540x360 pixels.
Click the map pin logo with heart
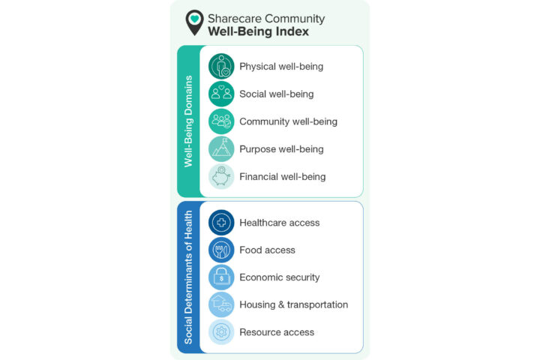point(194,22)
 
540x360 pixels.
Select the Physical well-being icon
point(221,66)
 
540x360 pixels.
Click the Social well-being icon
point(221,94)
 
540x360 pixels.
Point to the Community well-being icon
point(221,121)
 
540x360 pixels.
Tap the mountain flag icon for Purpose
point(221,148)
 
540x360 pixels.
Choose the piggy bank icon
point(221,176)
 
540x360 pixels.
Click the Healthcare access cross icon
point(221,223)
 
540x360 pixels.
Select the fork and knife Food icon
point(221,250)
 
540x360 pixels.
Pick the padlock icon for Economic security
point(221,277)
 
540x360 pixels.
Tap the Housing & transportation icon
point(221,304)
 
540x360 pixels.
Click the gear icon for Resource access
point(221,331)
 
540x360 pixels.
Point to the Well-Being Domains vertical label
point(188,121)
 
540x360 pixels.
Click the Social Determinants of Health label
point(188,277)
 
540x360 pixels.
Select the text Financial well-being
point(283,177)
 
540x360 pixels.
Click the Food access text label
point(267,250)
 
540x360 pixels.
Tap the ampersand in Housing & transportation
point(281,304)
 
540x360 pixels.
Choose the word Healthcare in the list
point(262,223)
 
